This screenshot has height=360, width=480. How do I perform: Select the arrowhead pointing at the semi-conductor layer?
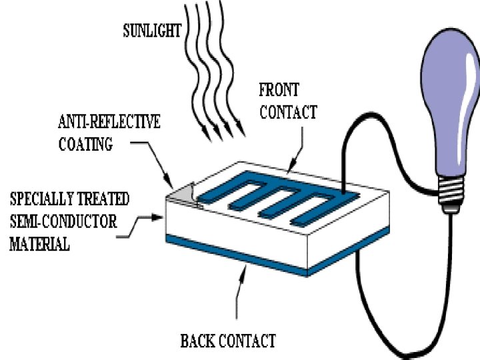coord(160,216)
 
